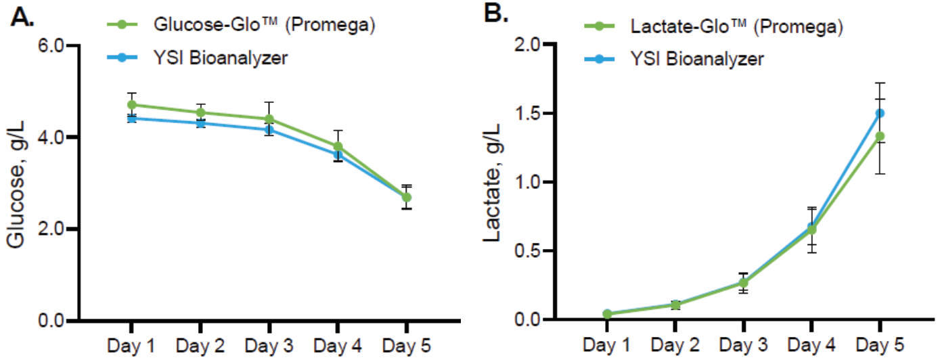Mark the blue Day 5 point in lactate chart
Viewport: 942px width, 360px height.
click(x=880, y=113)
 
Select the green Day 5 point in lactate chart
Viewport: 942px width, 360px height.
click(x=880, y=136)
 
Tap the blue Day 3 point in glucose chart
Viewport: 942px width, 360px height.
click(x=269, y=129)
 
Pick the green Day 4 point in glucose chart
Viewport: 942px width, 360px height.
click(x=338, y=146)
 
